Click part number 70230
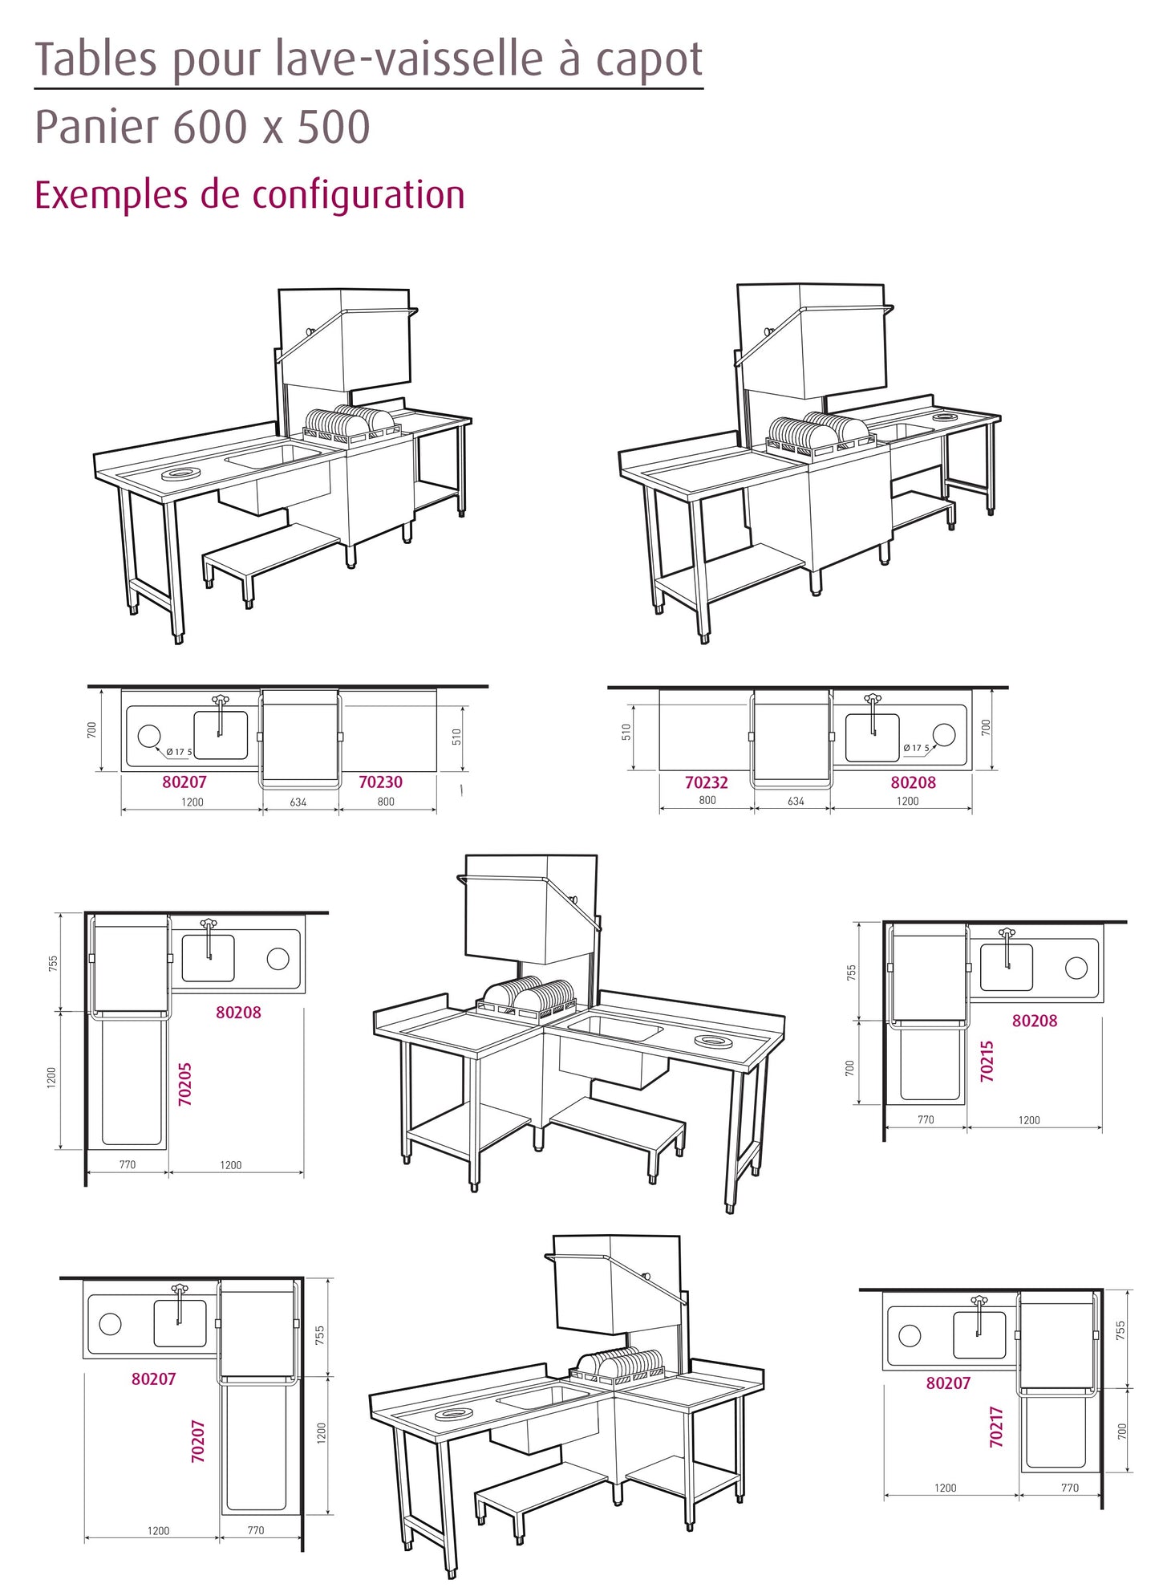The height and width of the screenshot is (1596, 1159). (380, 782)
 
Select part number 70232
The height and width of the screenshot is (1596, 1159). (707, 783)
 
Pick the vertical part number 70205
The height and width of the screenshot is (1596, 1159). (185, 1085)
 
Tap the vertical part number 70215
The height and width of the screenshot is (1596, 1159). (987, 1062)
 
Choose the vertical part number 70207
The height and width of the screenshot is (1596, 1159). (198, 1441)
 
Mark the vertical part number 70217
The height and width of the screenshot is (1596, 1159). (997, 1427)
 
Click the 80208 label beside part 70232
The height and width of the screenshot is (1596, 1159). (913, 783)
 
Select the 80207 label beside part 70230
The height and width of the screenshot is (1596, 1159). (184, 782)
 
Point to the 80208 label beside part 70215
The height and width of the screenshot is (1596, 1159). (1035, 1021)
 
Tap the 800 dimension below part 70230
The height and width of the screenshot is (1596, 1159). (386, 802)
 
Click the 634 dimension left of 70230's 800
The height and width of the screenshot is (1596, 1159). (298, 802)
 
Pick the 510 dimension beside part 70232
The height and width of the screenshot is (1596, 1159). (626, 732)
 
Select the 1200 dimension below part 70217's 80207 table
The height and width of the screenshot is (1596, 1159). (946, 1488)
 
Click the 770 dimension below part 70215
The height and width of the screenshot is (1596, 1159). (926, 1119)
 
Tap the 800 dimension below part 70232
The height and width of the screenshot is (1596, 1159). (707, 801)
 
